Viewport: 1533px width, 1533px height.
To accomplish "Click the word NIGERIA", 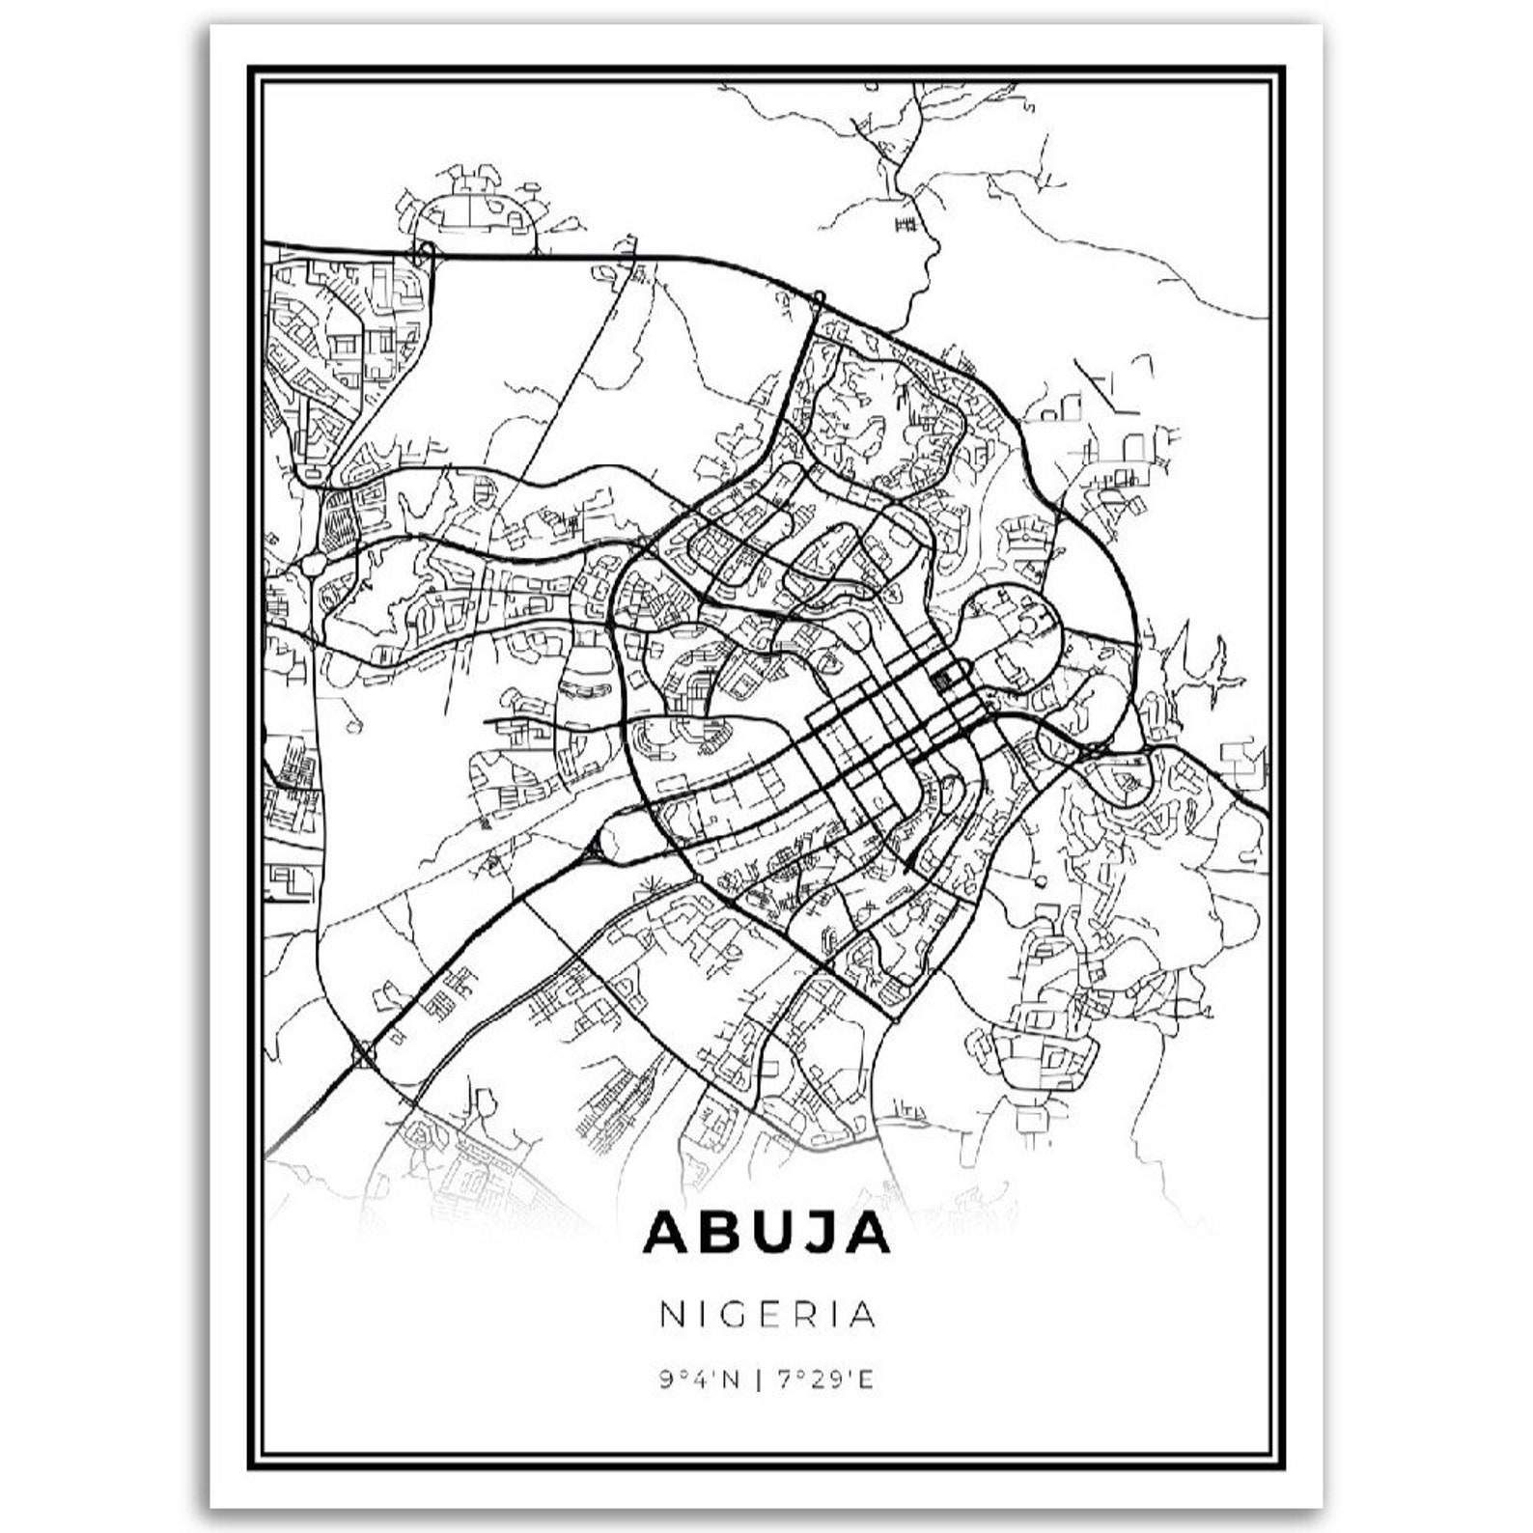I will (x=767, y=1314).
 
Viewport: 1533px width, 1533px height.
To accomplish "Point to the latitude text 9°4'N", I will (x=700, y=1380).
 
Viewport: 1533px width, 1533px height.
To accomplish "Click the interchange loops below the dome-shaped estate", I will (x=424, y=253).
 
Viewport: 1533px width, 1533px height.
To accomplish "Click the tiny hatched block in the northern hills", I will (x=905, y=224).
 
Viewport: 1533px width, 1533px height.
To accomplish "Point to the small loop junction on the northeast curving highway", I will (x=818, y=296).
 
